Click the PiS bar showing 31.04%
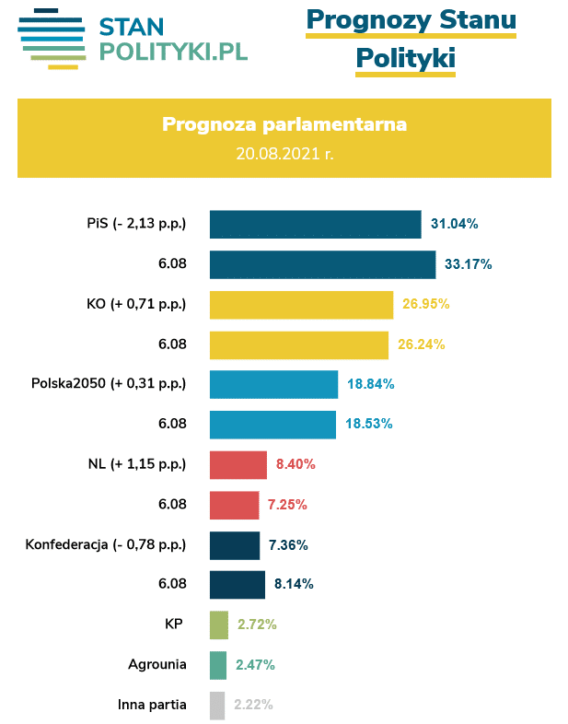coord(315,224)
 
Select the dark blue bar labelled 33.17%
coord(322,264)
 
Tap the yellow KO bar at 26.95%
coord(301,304)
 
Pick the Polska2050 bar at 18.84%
coord(273,384)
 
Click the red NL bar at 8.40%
coord(238,464)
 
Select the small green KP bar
coord(218,625)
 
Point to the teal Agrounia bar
coord(217,664)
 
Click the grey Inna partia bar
coord(216,705)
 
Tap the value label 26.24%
coord(422,344)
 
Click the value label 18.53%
coord(369,424)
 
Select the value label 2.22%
coord(252,705)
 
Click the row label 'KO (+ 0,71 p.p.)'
coord(135,304)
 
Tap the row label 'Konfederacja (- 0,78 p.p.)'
coord(106,544)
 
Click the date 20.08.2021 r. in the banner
coord(284,153)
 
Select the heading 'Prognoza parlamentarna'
coord(284,124)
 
